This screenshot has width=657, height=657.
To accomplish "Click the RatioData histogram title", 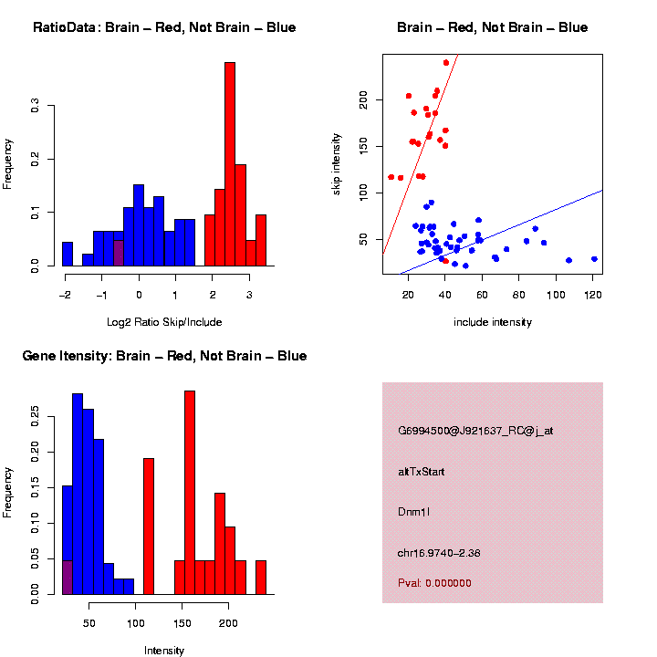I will tap(164, 27).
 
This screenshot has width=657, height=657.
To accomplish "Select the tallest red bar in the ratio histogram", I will tap(230, 164).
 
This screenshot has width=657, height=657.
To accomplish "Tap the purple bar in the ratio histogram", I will tap(119, 253).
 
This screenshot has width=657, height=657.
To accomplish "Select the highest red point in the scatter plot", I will tap(445, 62).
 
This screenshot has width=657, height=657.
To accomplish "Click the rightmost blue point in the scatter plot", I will tap(594, 259).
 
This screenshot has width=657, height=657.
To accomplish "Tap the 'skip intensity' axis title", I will tap(337, 163).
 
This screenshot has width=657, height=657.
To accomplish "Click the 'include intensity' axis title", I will tap(493, 322).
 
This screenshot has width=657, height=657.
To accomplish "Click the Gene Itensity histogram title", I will tap(164, 356).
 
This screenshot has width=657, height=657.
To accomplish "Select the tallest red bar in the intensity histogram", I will tap(190, 493).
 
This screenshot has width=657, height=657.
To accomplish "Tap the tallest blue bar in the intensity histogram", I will tap(78, 494).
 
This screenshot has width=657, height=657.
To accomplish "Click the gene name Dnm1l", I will tap(414, 512).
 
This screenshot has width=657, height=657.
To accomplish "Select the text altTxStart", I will tap(421, 472).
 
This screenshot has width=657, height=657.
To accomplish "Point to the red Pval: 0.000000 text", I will tap(434, 583).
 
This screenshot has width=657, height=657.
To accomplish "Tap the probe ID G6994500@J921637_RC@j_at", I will tap(474, 431).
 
